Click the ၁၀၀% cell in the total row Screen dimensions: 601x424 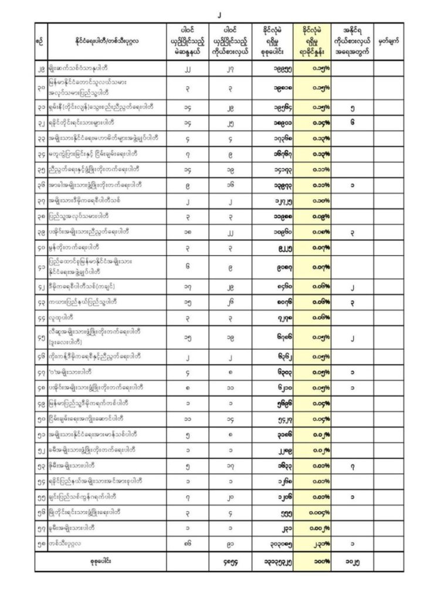tap(314, 562)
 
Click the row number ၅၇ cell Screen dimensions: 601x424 tap(40, 528)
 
